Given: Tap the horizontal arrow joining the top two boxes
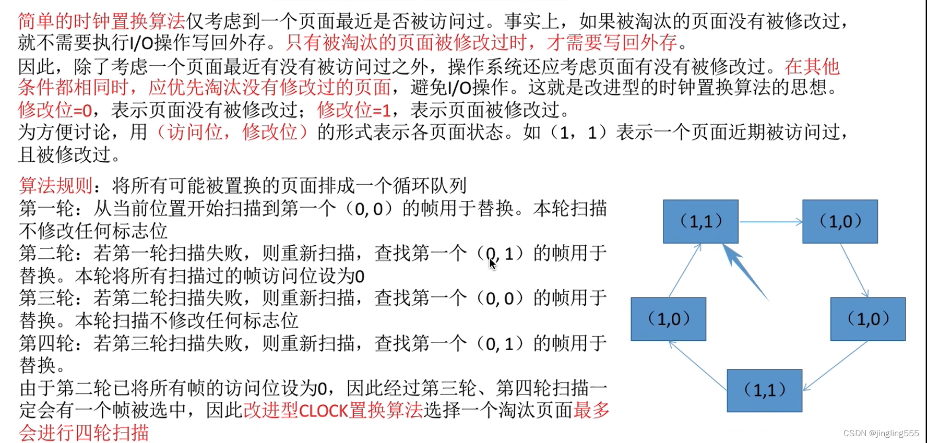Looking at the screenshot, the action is click(x=770, y=222).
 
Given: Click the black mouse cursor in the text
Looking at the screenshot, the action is click(x=492, y=264).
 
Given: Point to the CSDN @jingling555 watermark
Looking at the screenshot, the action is click(x=881, y=433).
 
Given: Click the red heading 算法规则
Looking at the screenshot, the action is click(x=56, y=186).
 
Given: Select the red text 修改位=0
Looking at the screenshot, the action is click(x=55, y=110).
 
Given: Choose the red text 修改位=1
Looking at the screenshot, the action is click(x=354, y=110).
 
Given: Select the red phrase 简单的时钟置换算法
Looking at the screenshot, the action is click(x=102, y=21).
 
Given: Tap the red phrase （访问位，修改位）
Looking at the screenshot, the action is click(x=232, y=133).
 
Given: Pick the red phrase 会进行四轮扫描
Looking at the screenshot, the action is click(x=84, y=433).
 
